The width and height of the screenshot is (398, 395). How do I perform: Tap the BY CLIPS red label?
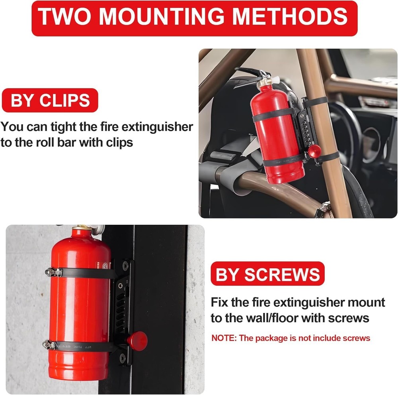[50, 100]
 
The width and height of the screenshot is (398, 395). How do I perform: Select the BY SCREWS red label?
[267, 274]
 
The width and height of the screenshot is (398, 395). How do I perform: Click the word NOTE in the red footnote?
[224, 338]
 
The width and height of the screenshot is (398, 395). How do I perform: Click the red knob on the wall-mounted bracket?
[137, 340]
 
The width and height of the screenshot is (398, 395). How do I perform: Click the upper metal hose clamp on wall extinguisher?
[54, 272]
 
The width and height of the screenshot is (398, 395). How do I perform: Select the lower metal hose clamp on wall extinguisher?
[53, 344]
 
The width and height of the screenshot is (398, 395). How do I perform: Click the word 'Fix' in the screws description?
[219, 302]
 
